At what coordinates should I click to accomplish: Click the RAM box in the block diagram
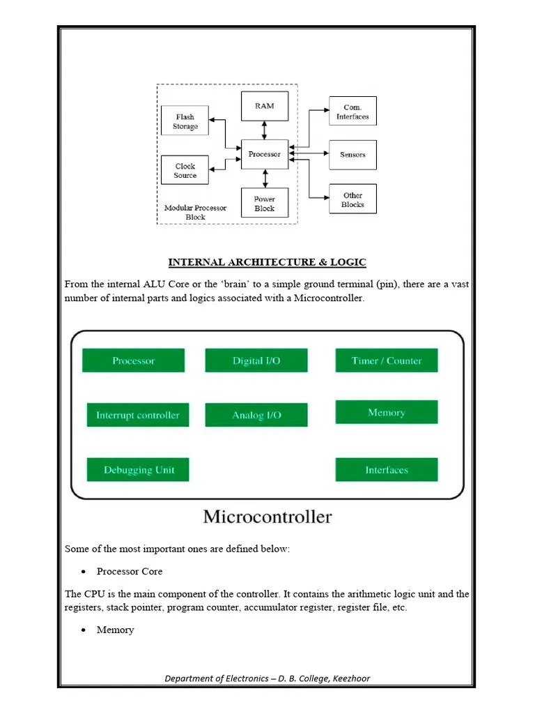pyautogui.click(x=265, y=106)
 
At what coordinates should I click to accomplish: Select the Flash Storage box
pyautogui.click(x=185, y=122)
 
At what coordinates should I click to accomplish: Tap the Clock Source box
pyautogui.click(x=185, y=170)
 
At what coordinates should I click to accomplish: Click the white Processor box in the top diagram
pyautogui.click(x=265, y=154)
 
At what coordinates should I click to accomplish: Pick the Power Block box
pyautogui.click(x=265, y=204)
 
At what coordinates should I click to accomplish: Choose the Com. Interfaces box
pyautogui.click(x=352, y=112)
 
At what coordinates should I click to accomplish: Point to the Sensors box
pyautogui.click(x=352, y=154)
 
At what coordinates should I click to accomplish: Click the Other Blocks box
pyautogui.click(x=352, y=199)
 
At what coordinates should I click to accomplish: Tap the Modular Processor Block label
pyautogui.click(x=195, y=213)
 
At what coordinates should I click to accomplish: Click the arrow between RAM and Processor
pyautogui.click(x=265, y=130)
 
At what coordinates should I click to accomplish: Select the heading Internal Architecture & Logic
pyautogui.click(x=267, y=262)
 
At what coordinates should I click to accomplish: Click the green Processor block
pyautogui.click(x=134, y=360)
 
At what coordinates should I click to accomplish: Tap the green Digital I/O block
pyautogui.click(x=256, y=360)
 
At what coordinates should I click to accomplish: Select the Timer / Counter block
pyautogui.click(x=387, y=360)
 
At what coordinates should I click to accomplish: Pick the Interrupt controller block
pyautogui.click(x=138, y=415)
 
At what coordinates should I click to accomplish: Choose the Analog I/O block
pyautogui.click(x=256, y=415)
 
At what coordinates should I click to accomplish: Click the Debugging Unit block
pyautogui.click(x=138, y=469)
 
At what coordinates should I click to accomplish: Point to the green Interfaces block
pyautogui.click(x=387, y=469)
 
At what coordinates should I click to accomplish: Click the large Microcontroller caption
pyautogui.click(x=267, y=517)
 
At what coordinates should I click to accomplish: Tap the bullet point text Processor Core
pyautogui.click(x=130, y=571)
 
